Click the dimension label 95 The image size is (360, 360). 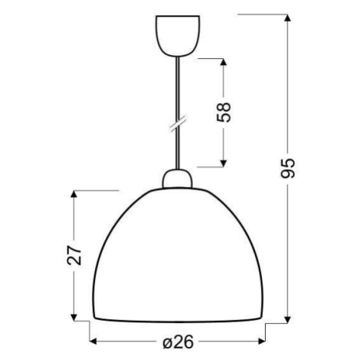[288, 169]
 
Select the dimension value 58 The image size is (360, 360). [224, 113]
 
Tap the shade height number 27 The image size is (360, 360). [74, 255]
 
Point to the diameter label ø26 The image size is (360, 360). [178, 342]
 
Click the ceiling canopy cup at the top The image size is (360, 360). [178, 36]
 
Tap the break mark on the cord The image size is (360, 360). [178, 123]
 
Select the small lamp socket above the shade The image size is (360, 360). [177, 178]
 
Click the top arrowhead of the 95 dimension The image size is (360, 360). [288, 18]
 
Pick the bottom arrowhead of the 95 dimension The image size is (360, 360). [288, 319]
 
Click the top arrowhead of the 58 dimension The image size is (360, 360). [224, 63]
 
